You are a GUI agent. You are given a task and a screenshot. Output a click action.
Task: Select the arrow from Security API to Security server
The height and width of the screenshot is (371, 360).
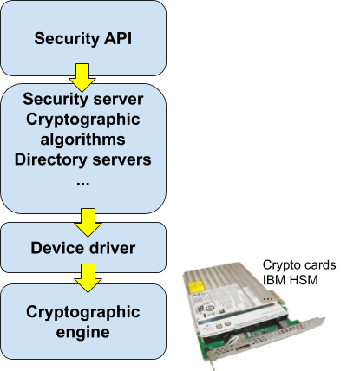pyautogui.click(x=82, y=77)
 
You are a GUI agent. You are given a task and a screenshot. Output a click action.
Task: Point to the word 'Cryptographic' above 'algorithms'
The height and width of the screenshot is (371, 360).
pyautogui.click(x=82, y=119)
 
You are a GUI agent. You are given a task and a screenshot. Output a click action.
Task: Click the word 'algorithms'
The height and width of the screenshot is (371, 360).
pyautogui.click(x=82, y=139)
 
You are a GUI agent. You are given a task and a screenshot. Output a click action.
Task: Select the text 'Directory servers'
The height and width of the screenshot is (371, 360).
pyautogui.click(x=82, y=159)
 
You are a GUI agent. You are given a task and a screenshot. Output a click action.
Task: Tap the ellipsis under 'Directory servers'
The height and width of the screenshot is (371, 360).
pyautogui.click(x=82, y=181)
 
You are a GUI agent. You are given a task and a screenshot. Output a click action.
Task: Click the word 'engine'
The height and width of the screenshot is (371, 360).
pyautogui.click(x=82, y=332)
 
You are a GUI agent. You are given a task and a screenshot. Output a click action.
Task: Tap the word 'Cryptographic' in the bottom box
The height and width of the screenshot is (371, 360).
pyautogui.click(x=82, y=312)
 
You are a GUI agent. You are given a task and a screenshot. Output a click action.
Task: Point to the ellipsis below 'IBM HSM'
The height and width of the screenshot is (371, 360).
pyautogui.click(x=268, y=296)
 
